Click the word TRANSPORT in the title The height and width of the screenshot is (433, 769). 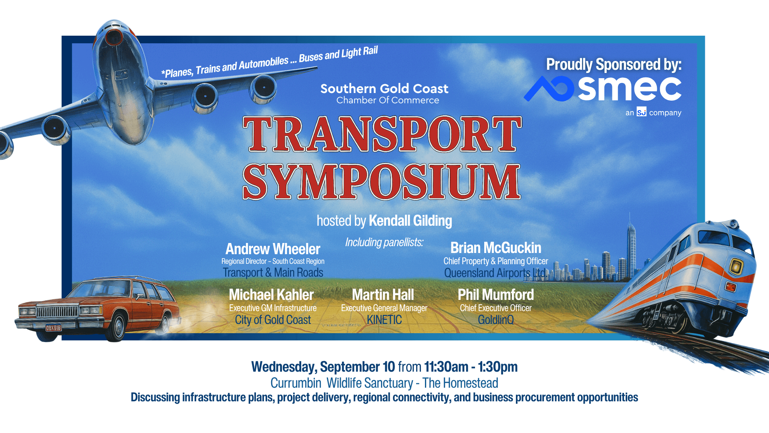(x=382, y=134)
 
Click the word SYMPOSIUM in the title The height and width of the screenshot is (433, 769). (x=381, y=182)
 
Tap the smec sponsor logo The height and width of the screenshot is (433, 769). (x=602, y=89)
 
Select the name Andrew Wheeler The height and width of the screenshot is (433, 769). (x=273, y=249)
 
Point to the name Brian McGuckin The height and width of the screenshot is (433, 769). (x=496, y=248)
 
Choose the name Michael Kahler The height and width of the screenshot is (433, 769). (x=271, y=295)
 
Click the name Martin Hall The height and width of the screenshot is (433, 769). (x=383, y=295)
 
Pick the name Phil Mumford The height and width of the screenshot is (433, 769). (x=496, y=295)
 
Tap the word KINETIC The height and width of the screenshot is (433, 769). (x=384, y=320)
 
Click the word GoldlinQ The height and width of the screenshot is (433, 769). (x=496, y=320)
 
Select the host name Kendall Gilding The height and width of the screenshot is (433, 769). (x=410, y=221)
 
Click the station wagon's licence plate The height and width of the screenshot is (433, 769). (x=53, y=328)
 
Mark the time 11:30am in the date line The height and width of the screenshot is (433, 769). (x=446, y=367)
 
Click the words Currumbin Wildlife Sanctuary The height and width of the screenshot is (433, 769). (x=342, y=383)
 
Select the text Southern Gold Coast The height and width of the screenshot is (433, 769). (x=384, y=89)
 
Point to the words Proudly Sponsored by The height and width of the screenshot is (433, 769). (x=614, y=65)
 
